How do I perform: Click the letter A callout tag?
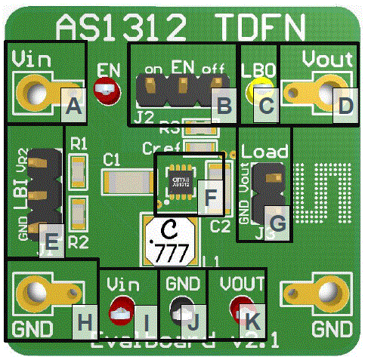(73, 107)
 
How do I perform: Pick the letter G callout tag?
(277, 223)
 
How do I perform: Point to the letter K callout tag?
(252, 321)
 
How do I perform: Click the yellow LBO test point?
(253, 91)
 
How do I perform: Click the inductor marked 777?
(170, 239)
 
